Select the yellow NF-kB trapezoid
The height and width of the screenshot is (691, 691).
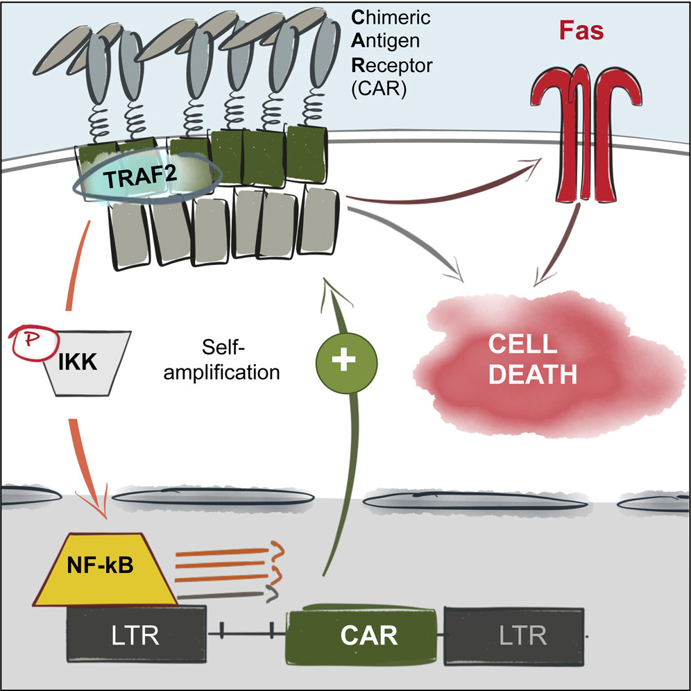[x=101, y=566]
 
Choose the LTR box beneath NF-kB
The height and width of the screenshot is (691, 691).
[x=136, y=635]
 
